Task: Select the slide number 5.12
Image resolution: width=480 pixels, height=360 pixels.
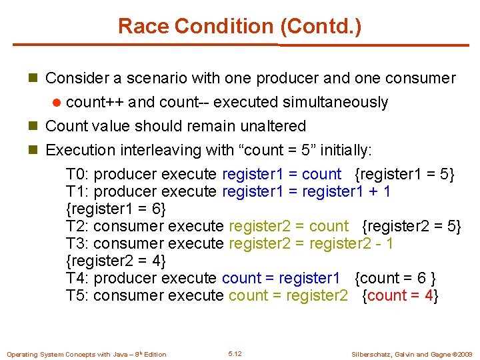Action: point(235,353)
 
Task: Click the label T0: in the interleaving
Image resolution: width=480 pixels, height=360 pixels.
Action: point(78,175)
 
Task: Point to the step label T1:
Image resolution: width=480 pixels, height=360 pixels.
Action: point(78,192)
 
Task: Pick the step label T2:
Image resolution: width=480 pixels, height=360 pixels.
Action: point(78,227)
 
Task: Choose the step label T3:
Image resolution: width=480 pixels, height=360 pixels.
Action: point(78,244)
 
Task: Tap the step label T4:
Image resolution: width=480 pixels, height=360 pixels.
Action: point(78,278)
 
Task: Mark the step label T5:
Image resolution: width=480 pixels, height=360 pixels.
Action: point(78,295)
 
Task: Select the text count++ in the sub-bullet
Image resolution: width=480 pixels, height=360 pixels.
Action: point(95,102)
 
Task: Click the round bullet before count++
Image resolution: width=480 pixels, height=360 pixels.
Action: point(58,102)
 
